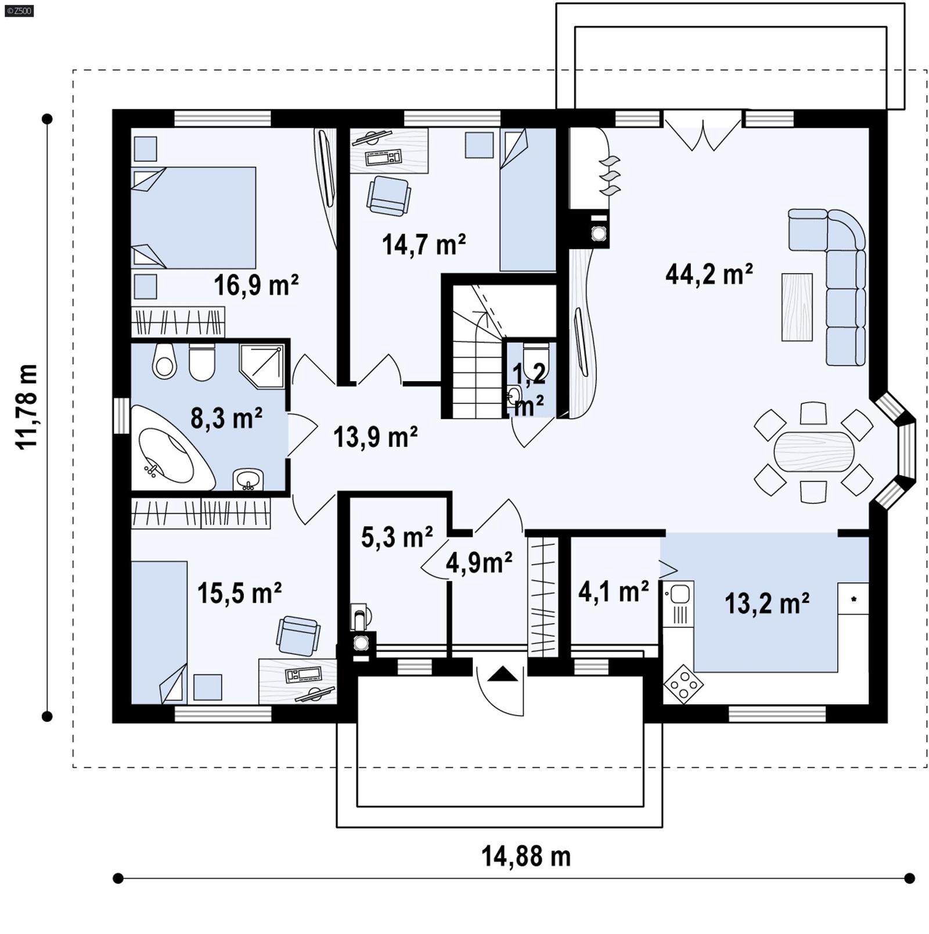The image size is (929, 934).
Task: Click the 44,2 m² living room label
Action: pyautogui.click(x=709, y=274)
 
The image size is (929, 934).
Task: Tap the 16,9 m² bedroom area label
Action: pyautogui.click(x=255, y=285)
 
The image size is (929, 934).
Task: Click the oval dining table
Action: pyautogui.click(x=813, y=451)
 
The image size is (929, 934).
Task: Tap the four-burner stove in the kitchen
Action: pyautogui.click(x=683, y=684)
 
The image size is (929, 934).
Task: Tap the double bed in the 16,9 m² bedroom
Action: pyautogui.click(x=195, y=218)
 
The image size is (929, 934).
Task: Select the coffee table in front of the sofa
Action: pyautogui.click(x=797, y=307)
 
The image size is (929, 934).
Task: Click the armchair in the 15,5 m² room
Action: pyautogui.click(x=298, y=635)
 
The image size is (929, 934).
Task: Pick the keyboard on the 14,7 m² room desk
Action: pyautogui.click(x=383, y=157)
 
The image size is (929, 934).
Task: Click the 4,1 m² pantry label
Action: pyautogui.click(x=613, y=592)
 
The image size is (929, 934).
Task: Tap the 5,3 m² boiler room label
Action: pyautogui.click(x=397, y=537)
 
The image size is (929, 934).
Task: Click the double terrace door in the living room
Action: pyautogui.click(x=703, y=134)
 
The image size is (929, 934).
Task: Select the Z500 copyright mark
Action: pyautogui.click(x=18, y=10)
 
